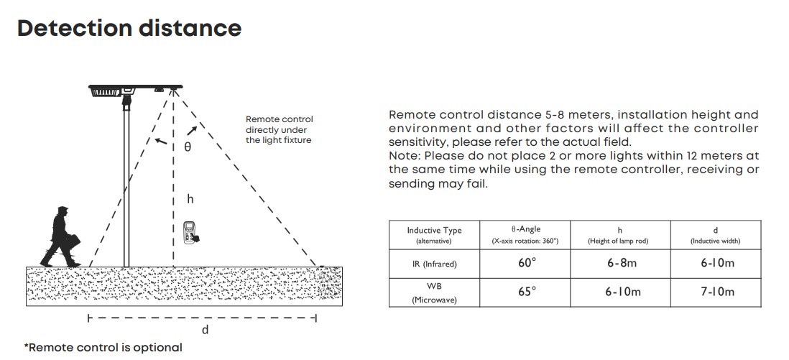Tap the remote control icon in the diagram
[190, 233]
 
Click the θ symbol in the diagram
[188, 147]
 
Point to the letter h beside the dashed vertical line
[190, 199]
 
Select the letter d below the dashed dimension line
[205, 330]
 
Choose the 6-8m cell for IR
[620, 263]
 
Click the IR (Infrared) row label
[434, 264]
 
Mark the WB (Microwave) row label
[434, 293]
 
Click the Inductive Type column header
[434, 235]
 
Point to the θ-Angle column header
[525, 235]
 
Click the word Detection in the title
[75, 28]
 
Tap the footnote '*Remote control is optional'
[103, 347]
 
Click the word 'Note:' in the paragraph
[405, 156]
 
